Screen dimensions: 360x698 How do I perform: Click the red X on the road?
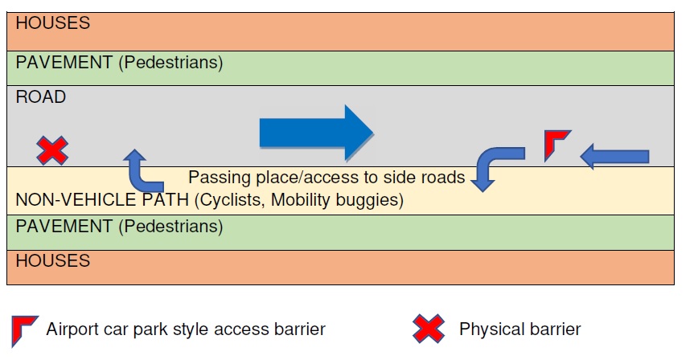pyautogui.click(x=53, y=150)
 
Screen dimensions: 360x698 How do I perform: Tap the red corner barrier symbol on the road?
pyautogui.click(x=556, y=144)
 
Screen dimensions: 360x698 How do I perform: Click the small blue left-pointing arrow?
pyautogui.click(x=614, y=156)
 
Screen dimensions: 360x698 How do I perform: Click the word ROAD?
pyautogui.click(x=41, y=97)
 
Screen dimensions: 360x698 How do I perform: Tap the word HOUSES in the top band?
pyautogui.click(x=53, y=23)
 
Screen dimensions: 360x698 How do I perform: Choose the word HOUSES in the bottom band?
pyautogui.click(x=53, y=261)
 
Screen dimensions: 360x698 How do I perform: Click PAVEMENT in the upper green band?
pyautogui.click(x=64, y=62)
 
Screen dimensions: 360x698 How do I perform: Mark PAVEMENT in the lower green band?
pyautogui.click(x=64, y=227)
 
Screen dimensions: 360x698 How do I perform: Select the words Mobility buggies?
pyautogui.click(x=338, y=198)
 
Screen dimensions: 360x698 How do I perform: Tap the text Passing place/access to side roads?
pyautogui.click(x=326, y=177)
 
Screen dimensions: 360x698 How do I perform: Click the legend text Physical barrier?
pyautogui.click(x=519, y=329)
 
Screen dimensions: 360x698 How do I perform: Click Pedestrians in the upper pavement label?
pyautogui.click(x=170, y=62)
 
